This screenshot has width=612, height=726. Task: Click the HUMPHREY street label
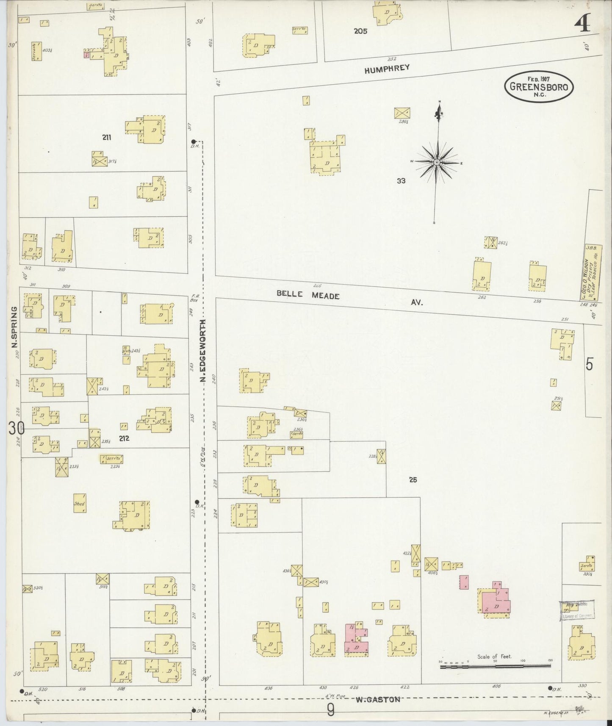tap(387, 69)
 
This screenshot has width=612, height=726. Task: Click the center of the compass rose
tap(436, 162)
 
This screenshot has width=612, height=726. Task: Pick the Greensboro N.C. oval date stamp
tap(539, 87)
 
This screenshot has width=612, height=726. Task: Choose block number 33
tap(401, 181)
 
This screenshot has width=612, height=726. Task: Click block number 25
tap(413, 480)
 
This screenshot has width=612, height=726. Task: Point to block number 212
tap(124, 438)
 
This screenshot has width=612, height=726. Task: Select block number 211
tap(107, 137)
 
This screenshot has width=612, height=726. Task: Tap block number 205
tap(361, 31)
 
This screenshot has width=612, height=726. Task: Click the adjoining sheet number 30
tap(17, 429)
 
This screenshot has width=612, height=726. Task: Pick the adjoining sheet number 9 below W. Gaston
tap(330, 710)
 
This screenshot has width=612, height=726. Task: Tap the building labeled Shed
tap(80, 503)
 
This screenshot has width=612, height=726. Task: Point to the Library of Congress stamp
tap(577, 610)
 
